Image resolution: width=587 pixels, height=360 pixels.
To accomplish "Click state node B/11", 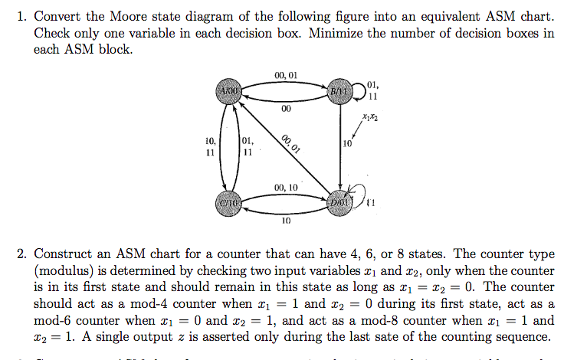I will coord(338,90).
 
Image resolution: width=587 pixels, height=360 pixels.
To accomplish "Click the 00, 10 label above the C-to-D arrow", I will coord(285,187).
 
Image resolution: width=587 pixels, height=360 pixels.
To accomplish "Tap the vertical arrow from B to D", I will coord(339,146).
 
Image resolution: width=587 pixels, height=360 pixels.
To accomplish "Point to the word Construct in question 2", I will coord(64,254).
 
